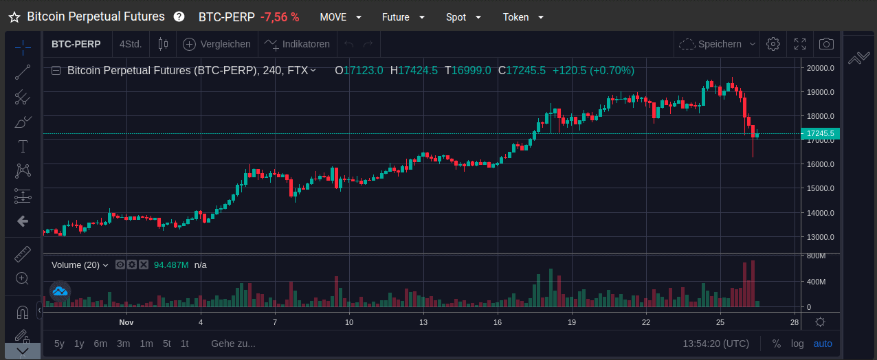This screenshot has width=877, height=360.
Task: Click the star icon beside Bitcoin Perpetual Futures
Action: click(14, 17)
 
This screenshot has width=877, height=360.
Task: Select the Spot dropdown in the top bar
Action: click(463, 17)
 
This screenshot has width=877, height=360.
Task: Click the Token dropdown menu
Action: click(523, 17)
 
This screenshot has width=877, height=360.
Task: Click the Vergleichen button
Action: click(217, 44)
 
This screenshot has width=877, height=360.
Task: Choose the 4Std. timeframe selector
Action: click(131, 44)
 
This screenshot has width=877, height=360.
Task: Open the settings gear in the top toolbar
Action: click(773, 44)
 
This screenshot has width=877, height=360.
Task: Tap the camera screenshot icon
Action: click(826, 44)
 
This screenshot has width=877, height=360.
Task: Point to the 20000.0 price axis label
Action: click(821, 68)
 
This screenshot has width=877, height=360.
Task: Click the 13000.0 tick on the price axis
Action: click(821, 237)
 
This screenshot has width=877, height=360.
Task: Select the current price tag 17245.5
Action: click(821, 133)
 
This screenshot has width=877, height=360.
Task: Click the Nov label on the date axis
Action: click(126, 322)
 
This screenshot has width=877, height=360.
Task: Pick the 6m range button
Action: click(100, 344)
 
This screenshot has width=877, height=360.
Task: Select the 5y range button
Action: click(59, 344)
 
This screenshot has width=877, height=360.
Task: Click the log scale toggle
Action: click(797, 344)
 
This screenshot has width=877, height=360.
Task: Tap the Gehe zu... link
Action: click(233, 344)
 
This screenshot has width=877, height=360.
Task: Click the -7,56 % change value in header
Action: click(280, 17)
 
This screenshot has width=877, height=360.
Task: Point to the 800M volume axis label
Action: click(817, 256)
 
